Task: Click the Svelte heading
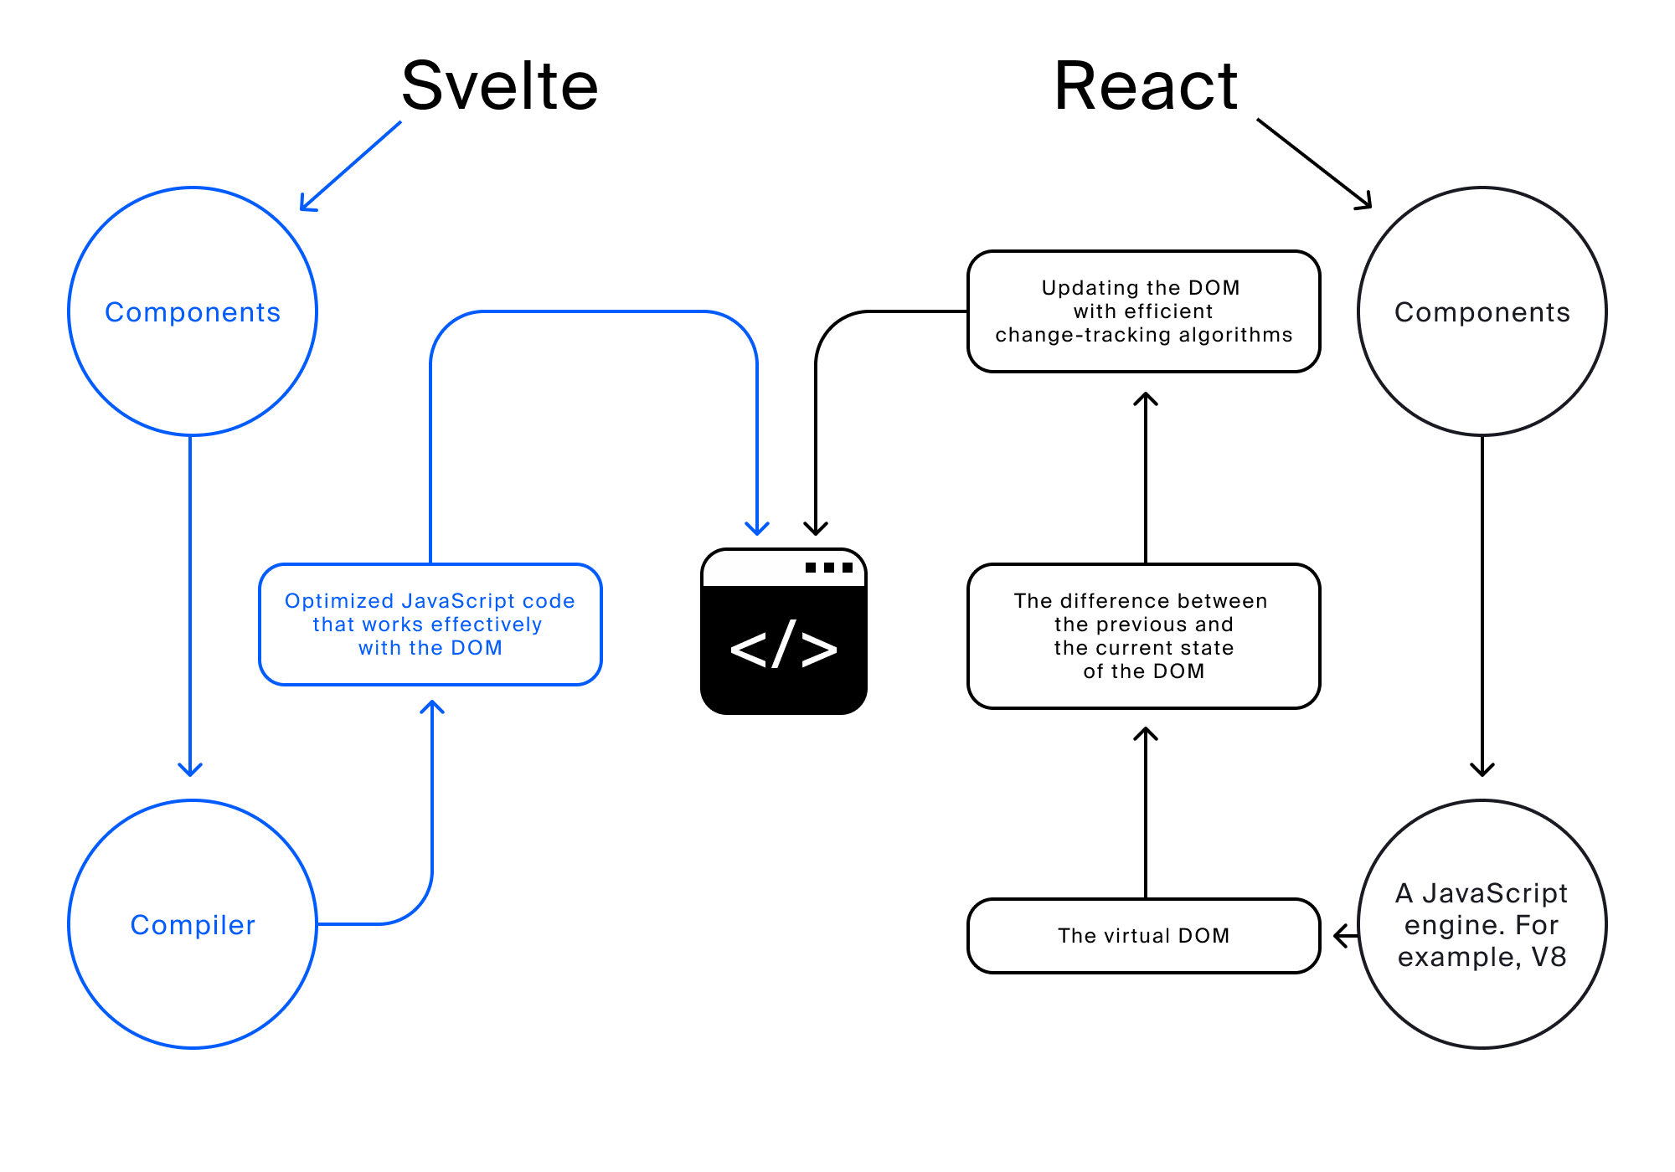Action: coord(500,86)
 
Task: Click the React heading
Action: coord(1146,86)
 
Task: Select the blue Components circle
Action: coord(193,311)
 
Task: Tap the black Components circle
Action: coord(1482,311)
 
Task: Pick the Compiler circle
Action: coord(193,924)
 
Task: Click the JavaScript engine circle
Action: coord(1482,924)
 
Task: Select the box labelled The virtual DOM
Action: coord(1143,936)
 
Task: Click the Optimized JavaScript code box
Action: coord(430,625)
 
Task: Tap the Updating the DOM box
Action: coord(1143,311)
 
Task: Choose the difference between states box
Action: coord(1143,636)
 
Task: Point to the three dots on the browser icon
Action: coord(829,568)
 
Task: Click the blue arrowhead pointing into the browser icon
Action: coord(757,528)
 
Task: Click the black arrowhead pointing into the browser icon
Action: coord(816,528)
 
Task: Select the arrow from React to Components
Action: coord(1315,163)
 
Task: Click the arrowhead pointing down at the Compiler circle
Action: coord(190,768)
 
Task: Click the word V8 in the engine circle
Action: coord(1549,957)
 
